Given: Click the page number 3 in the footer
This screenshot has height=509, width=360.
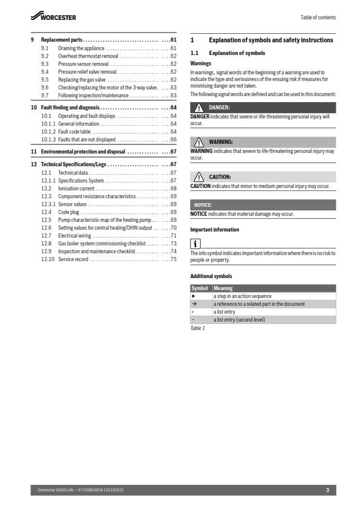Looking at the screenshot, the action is coord(327,490).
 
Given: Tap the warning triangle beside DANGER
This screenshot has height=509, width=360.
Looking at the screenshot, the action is coord(198,107).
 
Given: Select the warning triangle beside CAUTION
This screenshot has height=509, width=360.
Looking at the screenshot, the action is coord(198,177).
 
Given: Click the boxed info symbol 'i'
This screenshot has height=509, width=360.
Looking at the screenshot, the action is coord(195,244).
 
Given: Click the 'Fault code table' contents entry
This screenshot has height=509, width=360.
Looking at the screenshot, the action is coord(75,131).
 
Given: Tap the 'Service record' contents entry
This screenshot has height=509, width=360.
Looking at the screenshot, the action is coord(73,259).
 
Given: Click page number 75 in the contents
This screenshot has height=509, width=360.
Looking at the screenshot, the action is coord(173,259).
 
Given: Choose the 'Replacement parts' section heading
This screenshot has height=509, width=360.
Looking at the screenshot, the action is coord(62,39).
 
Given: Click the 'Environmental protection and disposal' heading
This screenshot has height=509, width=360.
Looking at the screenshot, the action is coord(83,151).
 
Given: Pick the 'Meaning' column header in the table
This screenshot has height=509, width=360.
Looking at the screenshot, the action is coord(224,288).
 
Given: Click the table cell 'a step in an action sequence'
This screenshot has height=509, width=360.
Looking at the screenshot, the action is coord(242,296).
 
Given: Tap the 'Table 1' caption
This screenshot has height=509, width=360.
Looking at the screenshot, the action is coord(198,328).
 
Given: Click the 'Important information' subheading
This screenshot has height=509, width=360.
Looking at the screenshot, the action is coord(215,230).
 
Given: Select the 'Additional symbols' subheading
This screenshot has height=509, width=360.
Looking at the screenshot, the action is coord(211,276).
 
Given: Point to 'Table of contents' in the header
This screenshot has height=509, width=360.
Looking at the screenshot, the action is coord(318,18).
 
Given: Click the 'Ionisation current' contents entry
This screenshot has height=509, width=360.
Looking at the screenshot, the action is coord(77,188).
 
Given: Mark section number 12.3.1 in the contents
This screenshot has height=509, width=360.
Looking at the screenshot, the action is coord(48,204).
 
